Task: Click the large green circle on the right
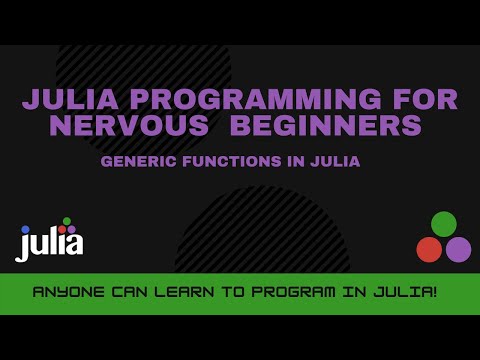point(444,224)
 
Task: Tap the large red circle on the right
point(429,249)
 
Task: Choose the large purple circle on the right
point(458,249)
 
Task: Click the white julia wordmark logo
point(50,243)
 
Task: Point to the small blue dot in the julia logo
point(26,230)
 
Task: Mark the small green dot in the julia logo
point(67,221)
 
